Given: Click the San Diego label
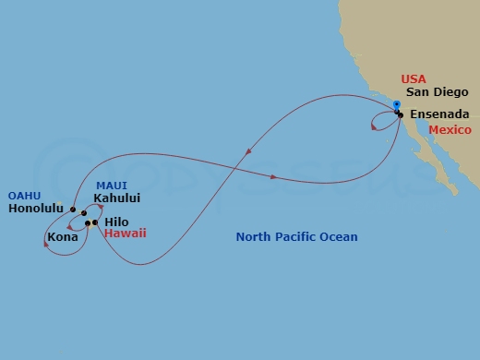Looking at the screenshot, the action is click(438, 92).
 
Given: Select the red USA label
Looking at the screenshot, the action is click(414, 80).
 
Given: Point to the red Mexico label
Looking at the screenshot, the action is click(450, 130).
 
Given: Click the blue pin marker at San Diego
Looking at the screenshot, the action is click(396, 106).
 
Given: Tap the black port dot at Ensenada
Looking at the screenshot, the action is click(401, 114).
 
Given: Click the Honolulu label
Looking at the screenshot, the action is click(35, 209).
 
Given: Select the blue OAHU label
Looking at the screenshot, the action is click(24, 196).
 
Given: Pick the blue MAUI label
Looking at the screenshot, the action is click(112, 185).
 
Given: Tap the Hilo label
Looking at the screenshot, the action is click(116, 222).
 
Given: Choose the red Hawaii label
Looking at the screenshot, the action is click(125, 234).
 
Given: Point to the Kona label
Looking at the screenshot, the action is click(62, 237).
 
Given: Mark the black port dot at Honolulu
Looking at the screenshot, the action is click(72, 210).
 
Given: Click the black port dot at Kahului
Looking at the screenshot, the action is click(83, 213).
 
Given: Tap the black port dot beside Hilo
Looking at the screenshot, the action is click(95, 222).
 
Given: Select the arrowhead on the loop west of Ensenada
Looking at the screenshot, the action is click(373, 128).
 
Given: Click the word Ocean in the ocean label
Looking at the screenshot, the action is click(340, 237).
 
